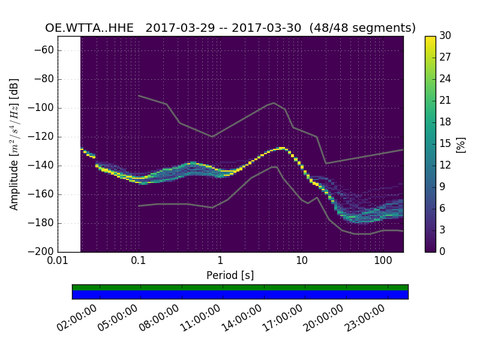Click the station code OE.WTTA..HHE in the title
point(91,28)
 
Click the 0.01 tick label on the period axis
point(58,262)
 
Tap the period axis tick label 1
point(220,262)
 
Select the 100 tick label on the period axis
point(383,262)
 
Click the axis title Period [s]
point(230,275)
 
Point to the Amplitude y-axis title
point(14,144)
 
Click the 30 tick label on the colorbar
point(445,36)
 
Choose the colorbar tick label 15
point(445,144)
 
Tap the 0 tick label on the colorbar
point(443,252)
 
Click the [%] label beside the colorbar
point(461,144)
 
